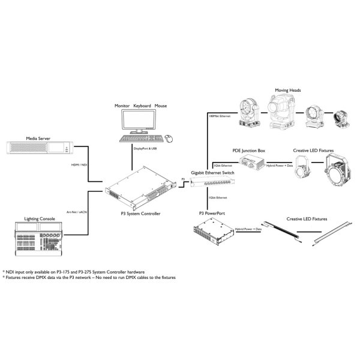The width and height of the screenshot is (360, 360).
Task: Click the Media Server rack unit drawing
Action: tap(45, 148)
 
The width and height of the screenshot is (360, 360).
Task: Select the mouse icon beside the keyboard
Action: tap(170, 138)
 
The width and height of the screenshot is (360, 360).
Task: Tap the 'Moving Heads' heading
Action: tap(288, 90)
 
